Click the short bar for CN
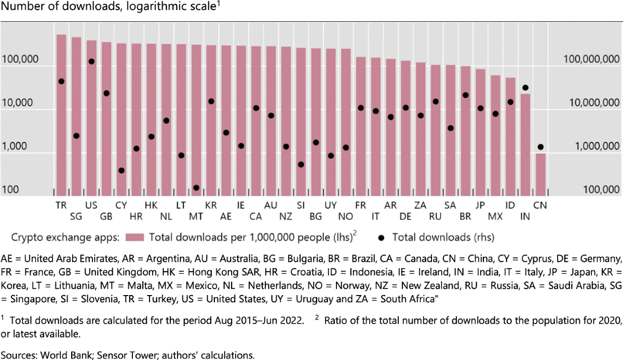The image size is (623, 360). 540,174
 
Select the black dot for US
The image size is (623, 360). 91,61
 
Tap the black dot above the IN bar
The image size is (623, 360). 525,88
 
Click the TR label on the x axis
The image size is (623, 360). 61,205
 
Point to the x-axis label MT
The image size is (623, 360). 196,216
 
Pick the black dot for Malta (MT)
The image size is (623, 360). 196,188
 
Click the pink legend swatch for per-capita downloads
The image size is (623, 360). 135,237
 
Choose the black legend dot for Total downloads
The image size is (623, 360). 382,237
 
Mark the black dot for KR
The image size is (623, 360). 211,101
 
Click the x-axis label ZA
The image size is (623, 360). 421,205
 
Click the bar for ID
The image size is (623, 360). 510,135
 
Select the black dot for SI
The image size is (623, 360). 301,164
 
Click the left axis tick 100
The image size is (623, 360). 10,190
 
